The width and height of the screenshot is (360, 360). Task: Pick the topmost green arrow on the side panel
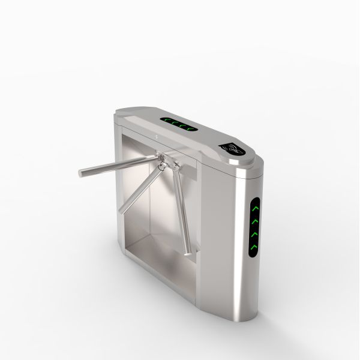(x=254, y=208)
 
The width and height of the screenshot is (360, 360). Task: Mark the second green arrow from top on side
(x=254, y=220)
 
